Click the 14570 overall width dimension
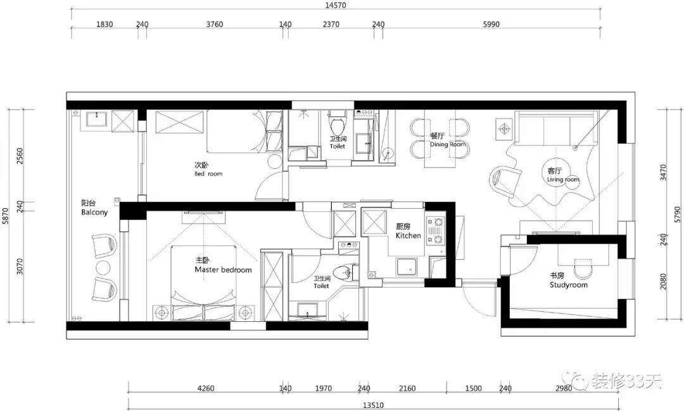(336, 6)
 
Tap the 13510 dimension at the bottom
(374, 405)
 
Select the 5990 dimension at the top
(491, 25)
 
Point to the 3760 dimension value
(215, 25)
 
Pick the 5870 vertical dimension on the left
(6, 216)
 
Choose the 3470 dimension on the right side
(664, 173)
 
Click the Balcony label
(94, 212)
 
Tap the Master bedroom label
(224, 270)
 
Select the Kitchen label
(408, 236)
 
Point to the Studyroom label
(568, 285)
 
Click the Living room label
(563, 180)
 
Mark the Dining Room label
(448, 144)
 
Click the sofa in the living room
(556, 127)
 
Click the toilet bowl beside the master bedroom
(343, 273)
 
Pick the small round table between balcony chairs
(103, 267)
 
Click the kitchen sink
(407, 266)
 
